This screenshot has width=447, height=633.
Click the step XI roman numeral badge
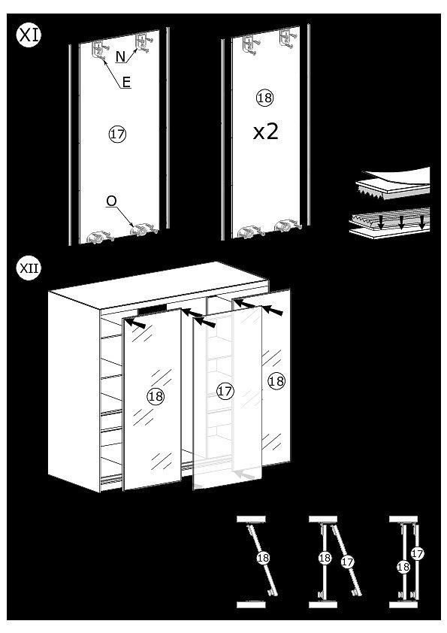29,35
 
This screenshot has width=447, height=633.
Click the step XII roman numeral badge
29,268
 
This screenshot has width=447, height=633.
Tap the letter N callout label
121,56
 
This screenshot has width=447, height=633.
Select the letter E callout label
126,83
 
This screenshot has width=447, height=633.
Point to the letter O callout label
111,201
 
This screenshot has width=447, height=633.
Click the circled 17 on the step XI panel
117,134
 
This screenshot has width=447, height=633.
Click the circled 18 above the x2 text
264,98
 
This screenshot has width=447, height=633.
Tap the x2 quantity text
265,132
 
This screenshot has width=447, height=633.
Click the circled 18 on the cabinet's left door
156,396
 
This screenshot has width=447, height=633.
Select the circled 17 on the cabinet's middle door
225,391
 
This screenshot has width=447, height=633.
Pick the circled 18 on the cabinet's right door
276,380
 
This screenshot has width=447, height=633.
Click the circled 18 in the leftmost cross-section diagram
263,558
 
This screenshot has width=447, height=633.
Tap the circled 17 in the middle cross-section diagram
347,562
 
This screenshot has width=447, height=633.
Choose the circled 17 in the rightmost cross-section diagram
418,553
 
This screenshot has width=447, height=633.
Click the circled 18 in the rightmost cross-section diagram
403,567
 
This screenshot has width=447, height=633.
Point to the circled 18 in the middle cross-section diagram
325,558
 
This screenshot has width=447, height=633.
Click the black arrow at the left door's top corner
136,323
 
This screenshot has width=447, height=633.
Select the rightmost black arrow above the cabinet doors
273,310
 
